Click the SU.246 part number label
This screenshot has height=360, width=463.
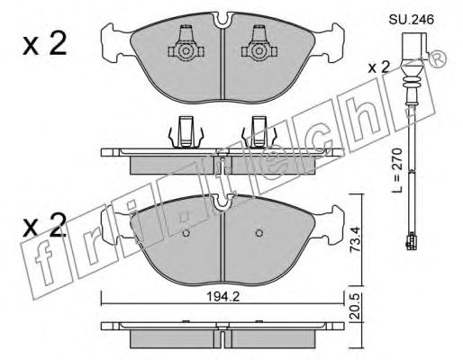click(412, 20)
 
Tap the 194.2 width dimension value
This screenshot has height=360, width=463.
click(222, 297)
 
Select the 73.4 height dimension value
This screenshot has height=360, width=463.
click(355, 239)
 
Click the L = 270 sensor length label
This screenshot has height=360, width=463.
click(397, 170)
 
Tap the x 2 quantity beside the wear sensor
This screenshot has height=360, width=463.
click(378, 67)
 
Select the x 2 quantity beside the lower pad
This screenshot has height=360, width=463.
click(44, 225)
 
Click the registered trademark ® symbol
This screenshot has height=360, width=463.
click(438, 59)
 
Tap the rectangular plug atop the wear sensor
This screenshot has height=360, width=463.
click(414, 48)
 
